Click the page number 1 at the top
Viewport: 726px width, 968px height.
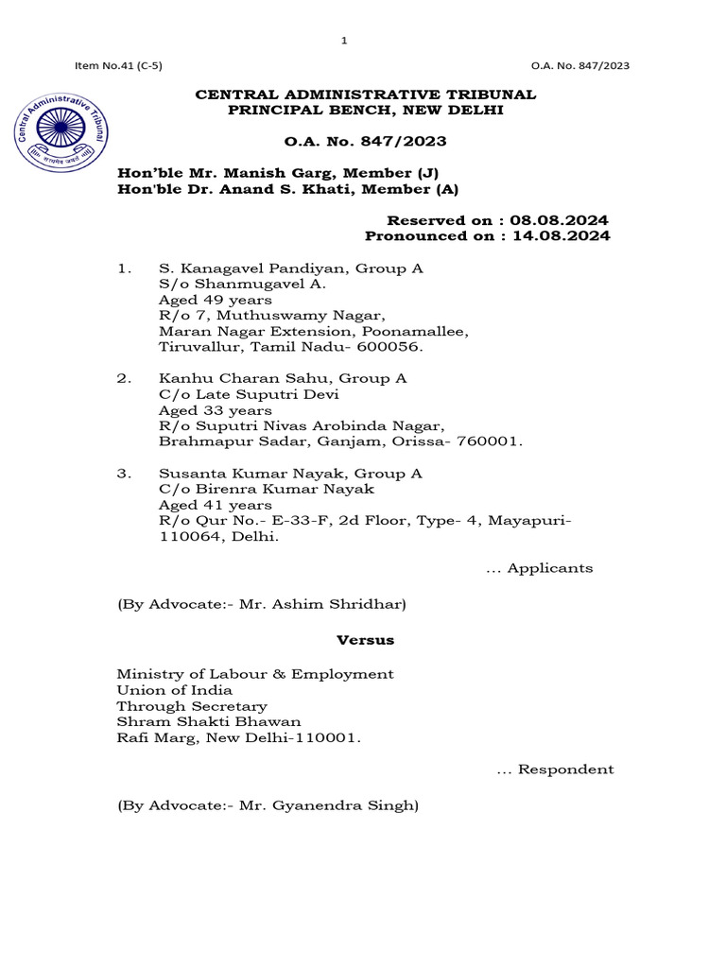344,41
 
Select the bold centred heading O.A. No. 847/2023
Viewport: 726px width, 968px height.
365,142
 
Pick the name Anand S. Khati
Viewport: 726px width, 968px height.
292,189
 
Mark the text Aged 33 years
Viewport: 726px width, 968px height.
216,410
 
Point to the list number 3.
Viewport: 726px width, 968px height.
123,473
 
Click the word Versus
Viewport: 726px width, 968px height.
365,640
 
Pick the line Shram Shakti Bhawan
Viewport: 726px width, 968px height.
209,722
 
